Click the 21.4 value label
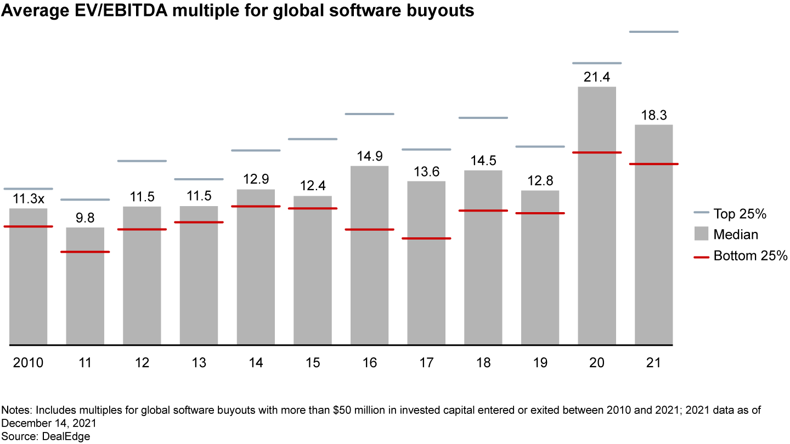tap(597, 77)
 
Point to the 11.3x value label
tap(28, 199)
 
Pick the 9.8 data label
tap(85, 218)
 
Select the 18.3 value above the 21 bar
tap(654, 116)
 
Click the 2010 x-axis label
tap(28, 363)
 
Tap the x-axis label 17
tap(426, 363)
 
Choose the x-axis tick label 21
tap(654, 363)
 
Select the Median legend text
tap(736, 235)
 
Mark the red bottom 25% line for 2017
tap(426, 238)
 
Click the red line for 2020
tap(597, 152)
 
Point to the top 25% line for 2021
tap(654, 32)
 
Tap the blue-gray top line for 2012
tap(142, 161)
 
